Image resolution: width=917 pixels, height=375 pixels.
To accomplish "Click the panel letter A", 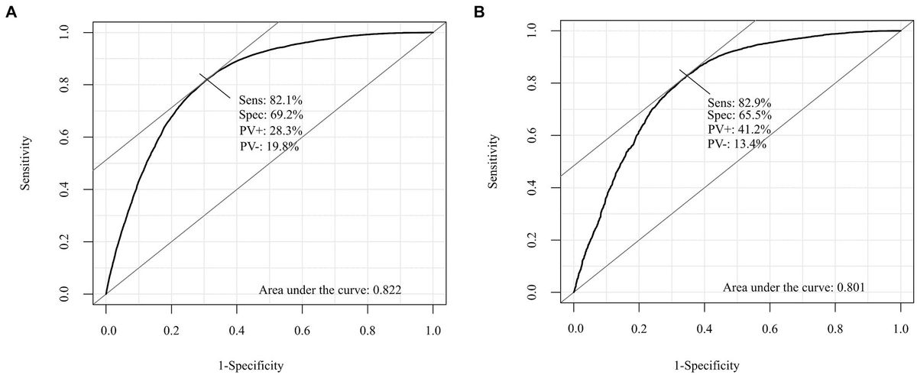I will (11, 13).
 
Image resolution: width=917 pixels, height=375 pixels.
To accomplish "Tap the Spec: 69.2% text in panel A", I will (271, 115).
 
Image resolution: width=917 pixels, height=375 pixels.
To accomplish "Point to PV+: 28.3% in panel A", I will (271, 131).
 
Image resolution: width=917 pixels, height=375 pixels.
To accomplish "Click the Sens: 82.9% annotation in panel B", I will (738, 102).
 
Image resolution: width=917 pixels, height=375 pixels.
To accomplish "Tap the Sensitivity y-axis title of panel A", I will (26, 163).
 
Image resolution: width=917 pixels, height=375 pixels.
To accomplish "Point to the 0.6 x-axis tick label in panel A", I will (303, 331).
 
